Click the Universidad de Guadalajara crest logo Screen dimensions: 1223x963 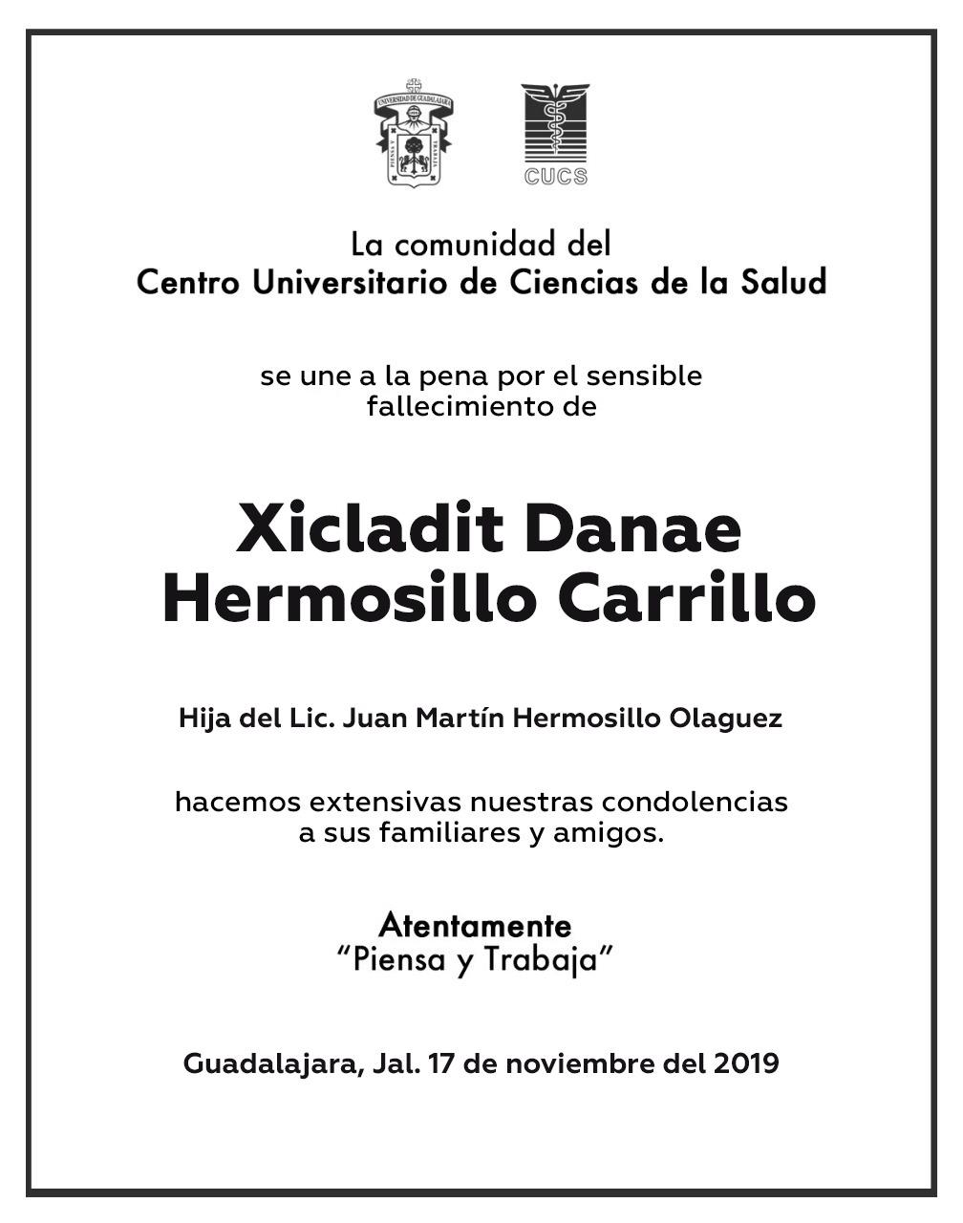(x=413, y=133)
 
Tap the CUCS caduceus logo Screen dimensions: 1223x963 (x=555, y=124)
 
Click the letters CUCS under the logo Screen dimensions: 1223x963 (x=555, y=176)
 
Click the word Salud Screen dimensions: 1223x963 (x=784, y=283)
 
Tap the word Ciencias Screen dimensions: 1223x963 (x=584, y=283)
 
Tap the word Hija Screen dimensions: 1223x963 (x=204, y=719)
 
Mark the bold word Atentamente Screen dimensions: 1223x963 (x=475, y=925)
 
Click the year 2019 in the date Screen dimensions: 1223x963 (x=746, y=1063)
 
